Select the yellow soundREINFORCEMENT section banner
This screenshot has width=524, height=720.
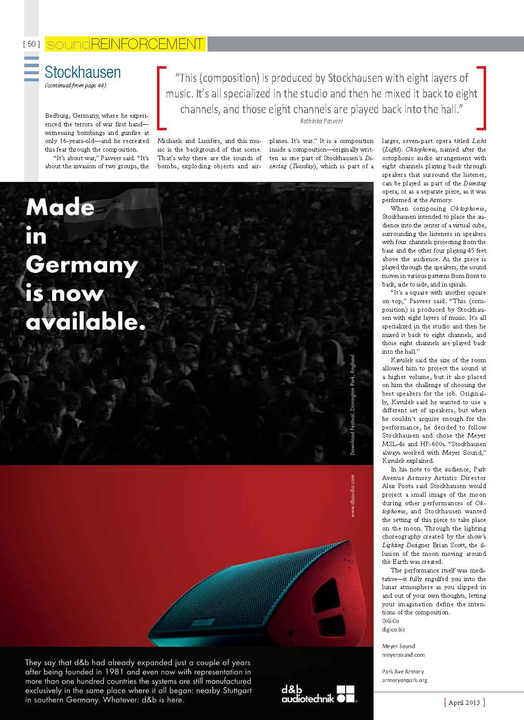[x=125, y=44]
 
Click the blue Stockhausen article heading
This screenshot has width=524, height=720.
[x=83, y=72]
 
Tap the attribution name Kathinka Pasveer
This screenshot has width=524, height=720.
[x=321, y=121]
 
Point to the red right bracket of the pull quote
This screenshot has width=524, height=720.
[x=483, y=97]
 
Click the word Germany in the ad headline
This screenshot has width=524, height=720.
[x=82, y=265]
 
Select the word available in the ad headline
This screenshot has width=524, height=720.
[x=86, y=322]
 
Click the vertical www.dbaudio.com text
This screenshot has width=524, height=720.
[x=352, y=496]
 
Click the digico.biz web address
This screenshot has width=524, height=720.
[x=394, y=630]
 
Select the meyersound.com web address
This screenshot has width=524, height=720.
[x=403, y=654]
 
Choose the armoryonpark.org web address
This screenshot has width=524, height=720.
[x=405, y=680]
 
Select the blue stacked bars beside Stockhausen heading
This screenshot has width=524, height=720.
[x=31, y=69]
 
